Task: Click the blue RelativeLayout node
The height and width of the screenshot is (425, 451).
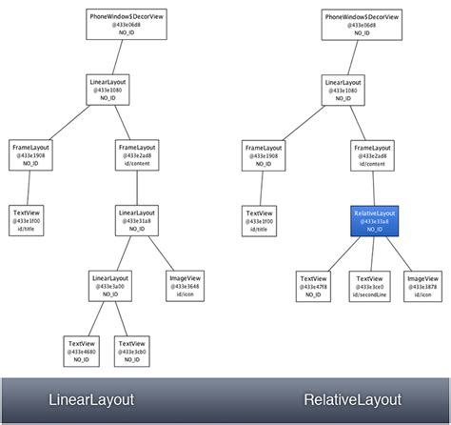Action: coord(373,220)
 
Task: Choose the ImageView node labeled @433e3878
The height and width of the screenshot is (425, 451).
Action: coord(423,284)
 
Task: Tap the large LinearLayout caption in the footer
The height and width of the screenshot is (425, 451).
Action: coord(90,399)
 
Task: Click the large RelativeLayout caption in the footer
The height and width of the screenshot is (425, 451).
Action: coord(353,399)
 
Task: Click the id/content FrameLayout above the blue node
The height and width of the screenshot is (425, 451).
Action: coord(373,155)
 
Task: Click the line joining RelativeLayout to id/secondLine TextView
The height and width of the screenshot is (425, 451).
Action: coord(373,252)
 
